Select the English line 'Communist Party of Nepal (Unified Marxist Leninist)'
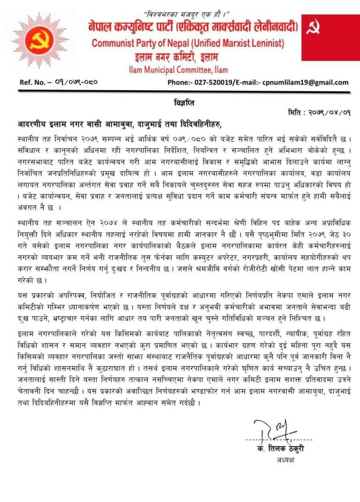tap(187, 44)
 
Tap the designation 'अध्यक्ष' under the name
tap(285, 460)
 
